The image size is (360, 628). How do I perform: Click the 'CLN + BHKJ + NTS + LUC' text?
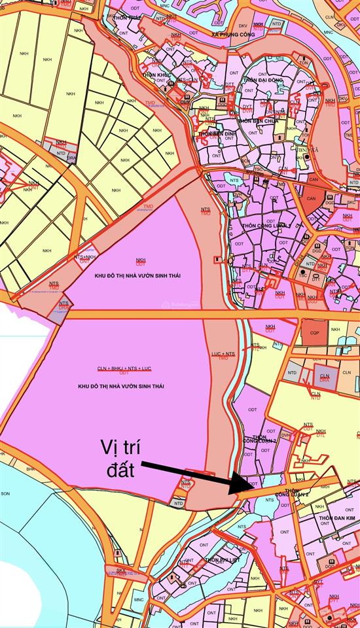coord(124,368)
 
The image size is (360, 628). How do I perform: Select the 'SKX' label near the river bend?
coord(121,570)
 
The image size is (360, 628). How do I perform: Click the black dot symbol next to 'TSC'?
coord(304,271)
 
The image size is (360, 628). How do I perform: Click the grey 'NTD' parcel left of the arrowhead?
coord(178,502)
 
